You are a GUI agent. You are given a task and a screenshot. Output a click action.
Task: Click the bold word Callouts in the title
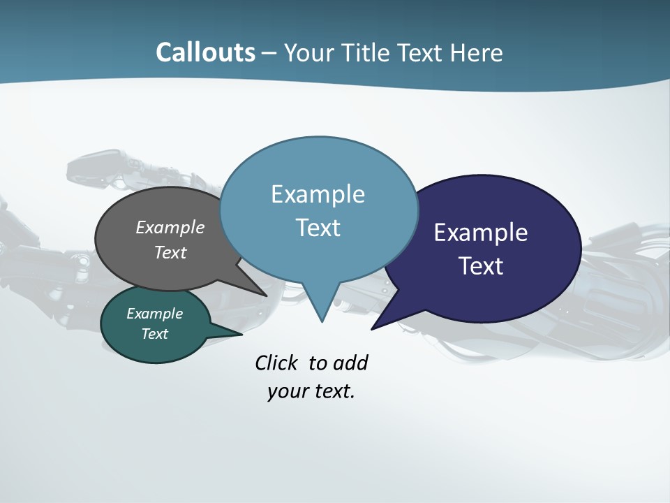point(206,52)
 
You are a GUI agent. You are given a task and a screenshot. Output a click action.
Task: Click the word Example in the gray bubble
point(170,227)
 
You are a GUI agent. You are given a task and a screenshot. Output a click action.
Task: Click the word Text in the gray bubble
point(170,252)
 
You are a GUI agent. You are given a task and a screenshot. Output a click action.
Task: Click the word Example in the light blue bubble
point(318,194)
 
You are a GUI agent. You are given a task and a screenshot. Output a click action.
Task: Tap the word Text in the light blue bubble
point(318,228)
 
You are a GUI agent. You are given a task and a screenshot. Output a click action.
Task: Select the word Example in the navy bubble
point(481,233)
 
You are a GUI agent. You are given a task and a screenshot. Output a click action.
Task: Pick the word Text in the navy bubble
point(481,266)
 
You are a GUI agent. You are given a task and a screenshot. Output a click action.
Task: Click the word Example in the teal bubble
point(154,314)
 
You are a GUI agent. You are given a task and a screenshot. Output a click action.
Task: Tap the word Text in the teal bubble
point(154,334)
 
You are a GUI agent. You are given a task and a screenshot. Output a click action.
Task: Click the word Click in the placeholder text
point(278,363)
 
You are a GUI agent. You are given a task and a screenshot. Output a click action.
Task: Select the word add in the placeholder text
point(350,363)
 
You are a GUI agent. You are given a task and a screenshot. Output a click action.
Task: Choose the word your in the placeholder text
point(285,391)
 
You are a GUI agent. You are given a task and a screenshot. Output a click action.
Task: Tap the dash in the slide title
point(270,52)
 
